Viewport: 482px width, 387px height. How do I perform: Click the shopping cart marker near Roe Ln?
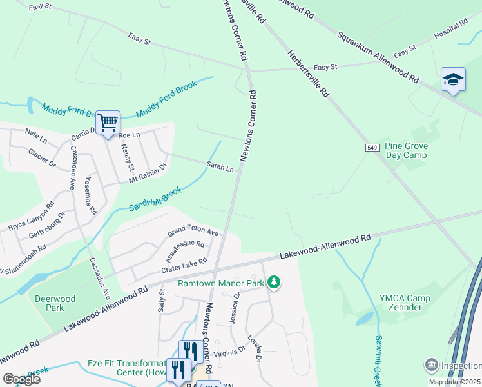click(x=108, y=122)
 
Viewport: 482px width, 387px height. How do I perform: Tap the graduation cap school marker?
click(x=453, y=79)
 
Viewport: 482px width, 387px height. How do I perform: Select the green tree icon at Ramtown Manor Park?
click(x=274, y=282)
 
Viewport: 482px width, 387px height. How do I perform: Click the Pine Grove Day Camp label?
click(x=406, y=151)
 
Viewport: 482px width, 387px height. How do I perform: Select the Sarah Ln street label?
click(x=220, y=166)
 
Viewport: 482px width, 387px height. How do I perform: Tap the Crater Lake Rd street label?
click(x=184, y=264)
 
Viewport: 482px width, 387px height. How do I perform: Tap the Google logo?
click(x=21, y=379)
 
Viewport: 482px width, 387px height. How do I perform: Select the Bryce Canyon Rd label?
click(x=31, y=219)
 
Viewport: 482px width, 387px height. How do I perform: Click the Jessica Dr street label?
click(x=234, y=308)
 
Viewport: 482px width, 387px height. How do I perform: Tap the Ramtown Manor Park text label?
click(x=222, y=283)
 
